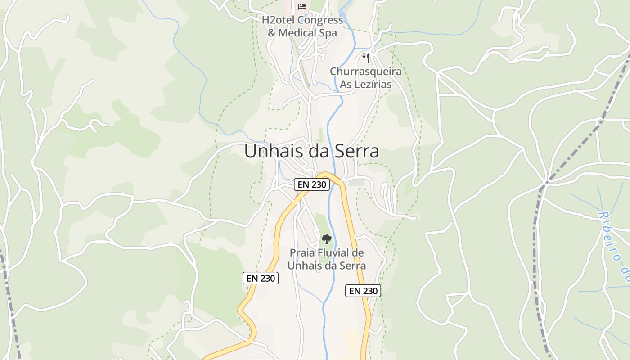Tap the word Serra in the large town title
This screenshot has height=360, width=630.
pyautogui.click(x=357, y=152)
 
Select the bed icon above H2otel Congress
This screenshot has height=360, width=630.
pyautogui.click(x=302, y=6)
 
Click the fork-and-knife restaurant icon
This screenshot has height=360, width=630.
pyautogui.click(x=366, y=58)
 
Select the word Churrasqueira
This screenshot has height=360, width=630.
pyautogui.click(x=365, y=72)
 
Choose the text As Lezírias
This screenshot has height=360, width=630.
pyautogui.click(x=365, y=84)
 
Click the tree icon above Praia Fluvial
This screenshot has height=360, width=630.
pyautogui.click(x=327, y=239)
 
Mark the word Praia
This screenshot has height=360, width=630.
pyautogui.click(x=302, y=253)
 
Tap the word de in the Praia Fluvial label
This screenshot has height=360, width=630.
pyautogui.click(x=358, y=253)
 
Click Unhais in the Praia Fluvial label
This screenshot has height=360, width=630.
pyautogui.click(x=302, y=265)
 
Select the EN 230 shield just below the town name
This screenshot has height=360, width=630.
pyautogui.click(x=312, y=184)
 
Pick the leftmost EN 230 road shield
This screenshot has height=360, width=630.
pyautogui.click(x=261, y=278)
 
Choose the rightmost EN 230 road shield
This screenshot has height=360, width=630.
pyautogui.click(x=363, y=291)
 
